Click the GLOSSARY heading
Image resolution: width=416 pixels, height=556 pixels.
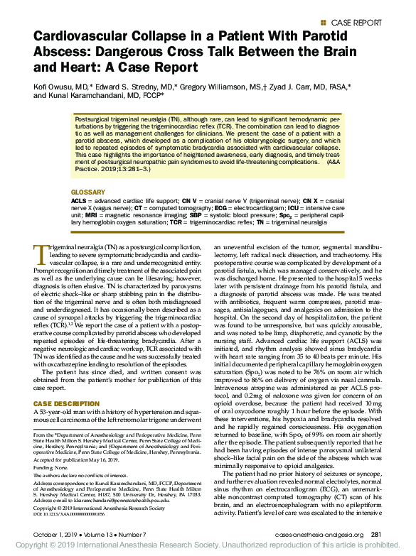(87, 173)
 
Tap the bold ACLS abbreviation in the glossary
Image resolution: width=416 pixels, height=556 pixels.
(80, 182)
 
